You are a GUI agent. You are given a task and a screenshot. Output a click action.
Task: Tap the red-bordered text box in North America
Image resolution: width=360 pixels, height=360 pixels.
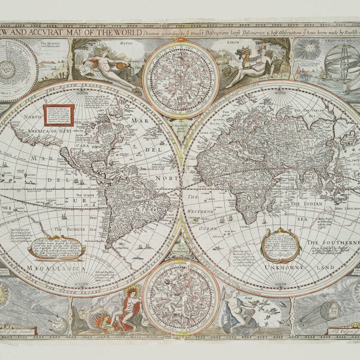click(x=59, y=115)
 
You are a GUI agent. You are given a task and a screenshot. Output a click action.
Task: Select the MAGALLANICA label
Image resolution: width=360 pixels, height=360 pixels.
click(x=56, y=269)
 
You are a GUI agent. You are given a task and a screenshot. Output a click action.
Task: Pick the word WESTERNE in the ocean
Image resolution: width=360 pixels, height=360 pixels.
click(x=201, y=212)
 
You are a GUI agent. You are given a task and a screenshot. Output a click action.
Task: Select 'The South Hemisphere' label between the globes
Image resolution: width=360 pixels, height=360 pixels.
click(x=180, y=249)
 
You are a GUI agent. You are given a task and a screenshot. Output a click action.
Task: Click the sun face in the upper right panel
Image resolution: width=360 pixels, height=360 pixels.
click(x=308, y=49)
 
